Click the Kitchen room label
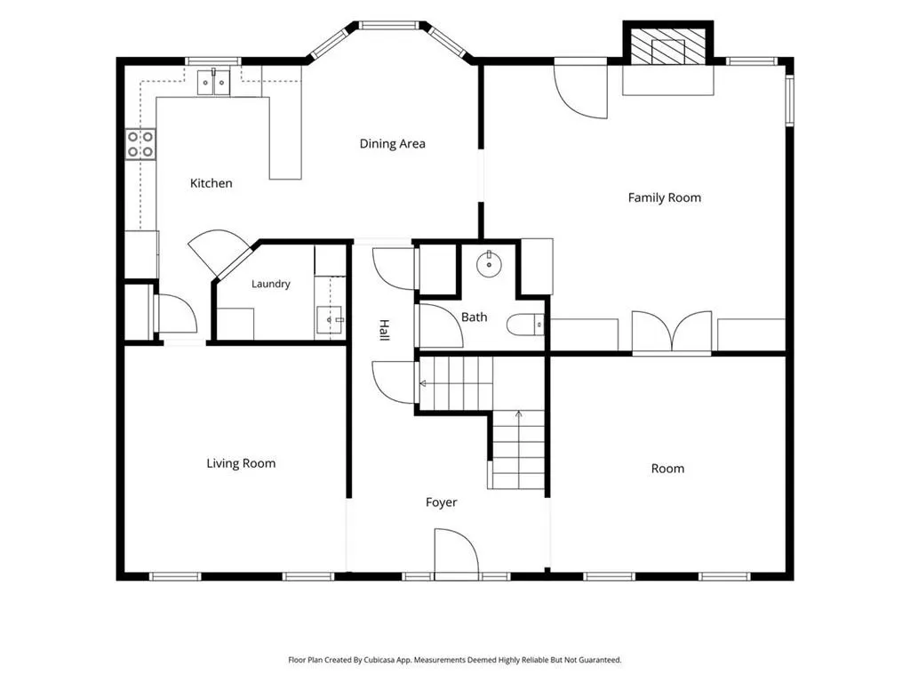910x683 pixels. pyautogui.click(x=212, y=183)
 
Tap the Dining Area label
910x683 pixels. pyautogui.click(x=392, y=143)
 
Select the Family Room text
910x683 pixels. pyautogui.click(x=665, y=197)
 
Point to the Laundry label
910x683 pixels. pyautogui.click(x=271, y=284)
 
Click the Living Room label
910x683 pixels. pyautogui.click(x=241, y=463)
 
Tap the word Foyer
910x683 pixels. pyautogui.click(x=441, y=502)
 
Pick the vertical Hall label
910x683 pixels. pyautogui.click(x=384, y=330)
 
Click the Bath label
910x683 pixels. pyautogui.click(x=475, y=317)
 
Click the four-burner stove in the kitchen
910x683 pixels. pyautogui.click(x=140, y=144)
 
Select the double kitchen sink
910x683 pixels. pyautogui.click(x=213, y=83)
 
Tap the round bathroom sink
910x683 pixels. pyautogui.click(x=489, y=265)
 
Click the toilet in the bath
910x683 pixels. pyautogui.click(x=526, y=325)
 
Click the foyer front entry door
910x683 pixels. pyautogui.click(x=456, y=553)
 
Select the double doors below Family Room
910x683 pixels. pyautogui.click(x=672, y=333)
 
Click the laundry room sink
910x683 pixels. pyautogui.click(x=331, y=320)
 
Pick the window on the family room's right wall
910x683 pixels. pyautogui.click(x=789, y=100)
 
